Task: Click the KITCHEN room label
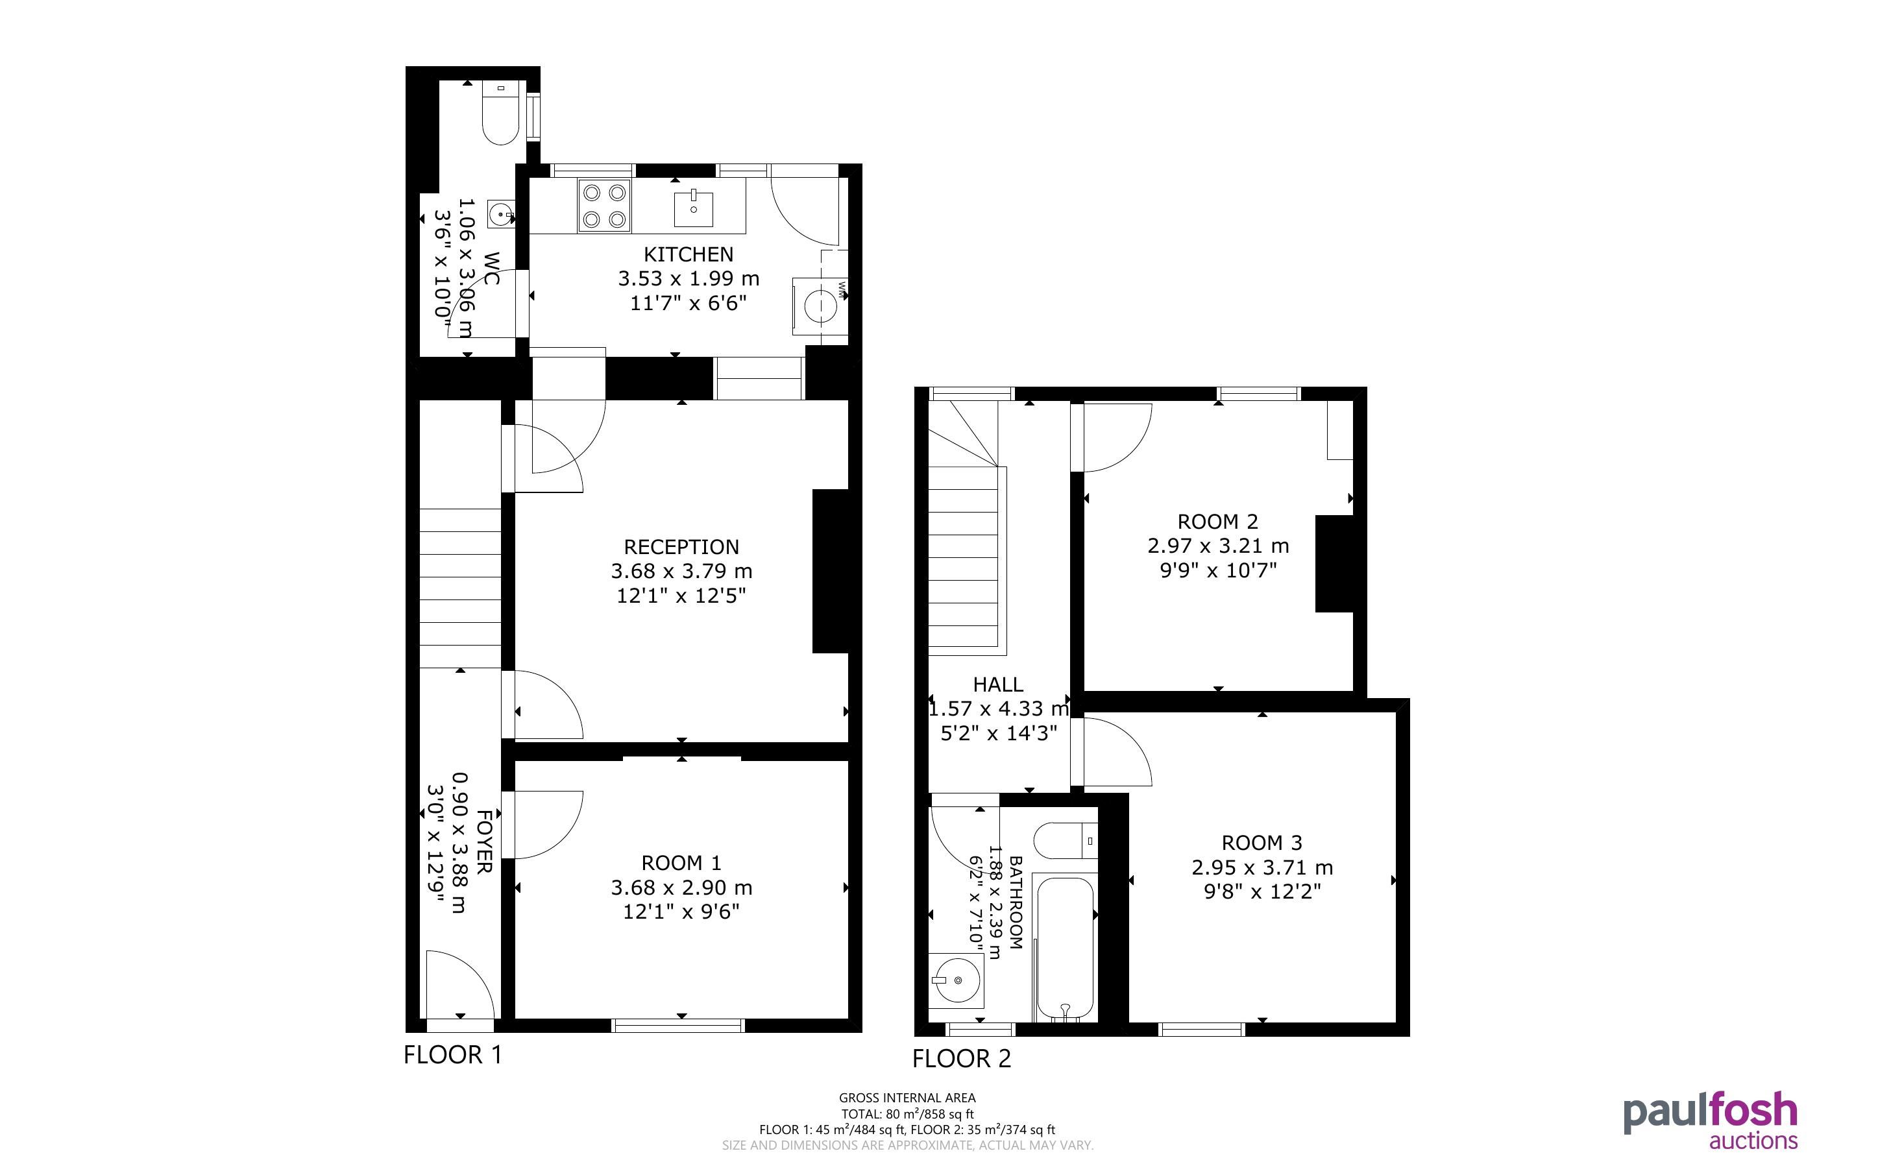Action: pos(688,254)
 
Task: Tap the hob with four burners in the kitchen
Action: pos(604,206)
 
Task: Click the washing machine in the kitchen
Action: pos(820,306)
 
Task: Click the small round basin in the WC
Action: pos(502,213)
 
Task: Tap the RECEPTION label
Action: pos(681,547)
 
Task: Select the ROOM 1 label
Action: pos(681,863)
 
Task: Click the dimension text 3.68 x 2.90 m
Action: pos(681,887)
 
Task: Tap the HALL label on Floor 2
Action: pos(997,684)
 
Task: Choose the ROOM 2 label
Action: pos(1218,522)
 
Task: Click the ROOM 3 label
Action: pos(1262,843)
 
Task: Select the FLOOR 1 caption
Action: pos(453,1055)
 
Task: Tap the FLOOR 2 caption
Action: pos(962,1059)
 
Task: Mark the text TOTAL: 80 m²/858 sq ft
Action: pos(908,1114)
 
